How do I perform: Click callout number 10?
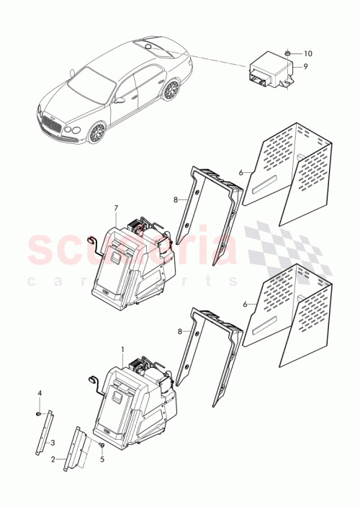click(307, 54)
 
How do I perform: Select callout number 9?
click(305, 66)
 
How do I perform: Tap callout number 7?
click(115, 208)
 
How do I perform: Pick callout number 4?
click(40, 392)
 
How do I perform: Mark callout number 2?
click(53, 458)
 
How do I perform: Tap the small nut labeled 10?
click(287, 53)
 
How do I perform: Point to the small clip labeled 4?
click(39, 415)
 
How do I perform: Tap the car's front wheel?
click(94, 132)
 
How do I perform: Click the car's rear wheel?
click(171, 90)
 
